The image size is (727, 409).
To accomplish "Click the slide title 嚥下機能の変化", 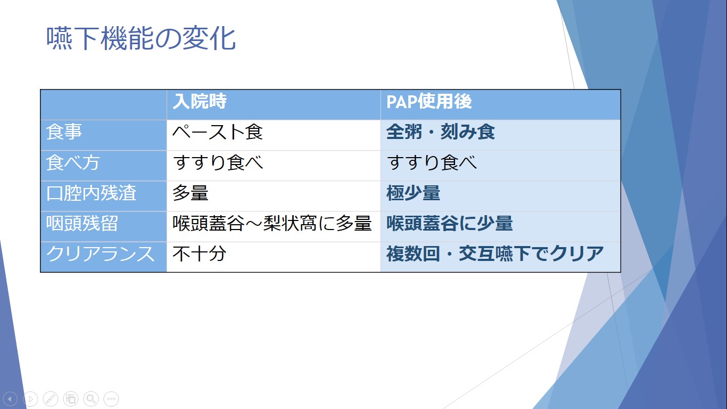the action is tap(141, 39).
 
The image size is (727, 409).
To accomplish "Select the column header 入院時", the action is tap(200, 101).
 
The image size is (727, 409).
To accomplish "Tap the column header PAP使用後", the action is tap(429, 101).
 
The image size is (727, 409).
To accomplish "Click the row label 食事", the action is tap(64, 132).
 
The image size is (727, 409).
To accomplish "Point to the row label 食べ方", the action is tap(73, 162).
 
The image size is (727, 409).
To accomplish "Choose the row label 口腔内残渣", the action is tap(91, 193).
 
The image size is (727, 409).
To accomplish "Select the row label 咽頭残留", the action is tap(82, 223).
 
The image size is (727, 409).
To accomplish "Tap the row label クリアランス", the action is tap(100, 253).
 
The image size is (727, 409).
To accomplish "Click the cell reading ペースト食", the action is tap(218, 132).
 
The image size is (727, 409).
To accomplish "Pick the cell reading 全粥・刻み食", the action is tap(441, 132).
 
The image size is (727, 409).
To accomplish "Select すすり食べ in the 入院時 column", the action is tap(218, 162).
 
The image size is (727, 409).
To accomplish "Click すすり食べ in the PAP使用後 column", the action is tap(432, 162).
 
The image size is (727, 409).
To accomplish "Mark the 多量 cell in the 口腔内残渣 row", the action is tap(191, 193).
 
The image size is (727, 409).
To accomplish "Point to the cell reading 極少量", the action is tap(413, 193).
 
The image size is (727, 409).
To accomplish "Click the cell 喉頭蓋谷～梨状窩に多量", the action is tap(272, 223).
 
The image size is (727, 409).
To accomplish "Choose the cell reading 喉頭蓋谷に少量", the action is tap(450, 223).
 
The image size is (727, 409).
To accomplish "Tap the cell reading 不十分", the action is tap(199, 253).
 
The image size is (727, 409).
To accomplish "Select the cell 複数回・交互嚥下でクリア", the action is tap(495, 253).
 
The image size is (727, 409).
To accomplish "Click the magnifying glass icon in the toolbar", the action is tap(91, 398).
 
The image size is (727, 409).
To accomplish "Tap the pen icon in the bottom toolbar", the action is tap(51, 398).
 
